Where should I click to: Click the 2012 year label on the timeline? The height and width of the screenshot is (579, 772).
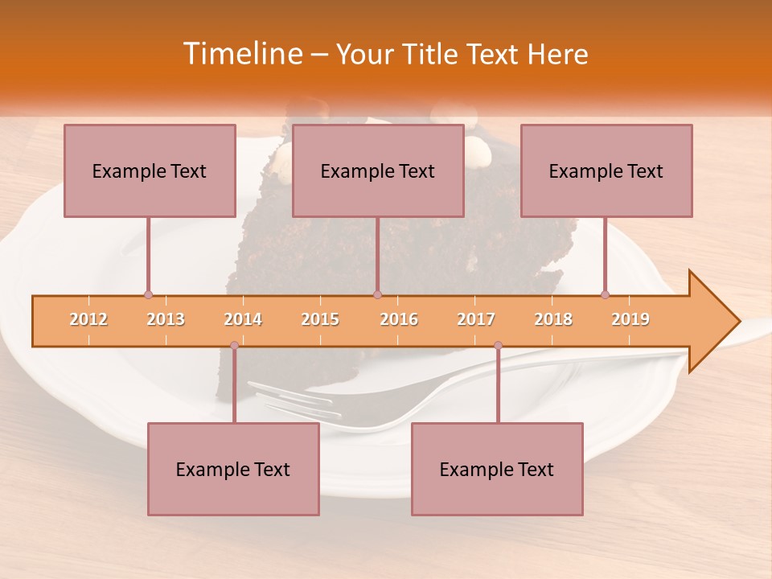click(x=88, y=319)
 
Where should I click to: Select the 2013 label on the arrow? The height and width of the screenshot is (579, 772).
click(x=166, y=319)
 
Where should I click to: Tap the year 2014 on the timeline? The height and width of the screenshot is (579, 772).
click(x=243, y=319)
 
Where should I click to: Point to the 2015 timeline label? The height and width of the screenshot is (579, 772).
click(x=320, y=319)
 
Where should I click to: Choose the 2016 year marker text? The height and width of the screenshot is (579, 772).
click(x=399, y=319)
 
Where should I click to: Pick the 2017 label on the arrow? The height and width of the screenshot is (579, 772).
click(x=476, y=319)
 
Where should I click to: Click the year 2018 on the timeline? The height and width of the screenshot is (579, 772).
click(x=553, y=319)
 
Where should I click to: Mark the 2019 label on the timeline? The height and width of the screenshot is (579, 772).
click(x=630, y=319)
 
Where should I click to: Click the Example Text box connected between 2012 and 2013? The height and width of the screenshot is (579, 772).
click(x=150, y=170)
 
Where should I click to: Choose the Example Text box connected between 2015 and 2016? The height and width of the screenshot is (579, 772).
click(x=378, y=170)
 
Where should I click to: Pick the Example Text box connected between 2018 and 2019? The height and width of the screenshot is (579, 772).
click(x=606, y=170)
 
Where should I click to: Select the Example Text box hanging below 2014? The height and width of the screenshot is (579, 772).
click(x=233, y=469)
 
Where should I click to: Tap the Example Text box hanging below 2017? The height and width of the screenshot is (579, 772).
click(x=497, y=469)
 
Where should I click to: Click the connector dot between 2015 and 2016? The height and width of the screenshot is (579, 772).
click(x=377, y=294)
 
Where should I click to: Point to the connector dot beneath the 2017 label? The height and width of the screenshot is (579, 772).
click(x=498, y=346)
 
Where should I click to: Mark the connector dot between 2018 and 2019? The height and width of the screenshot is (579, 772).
click(x=605, y=294)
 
